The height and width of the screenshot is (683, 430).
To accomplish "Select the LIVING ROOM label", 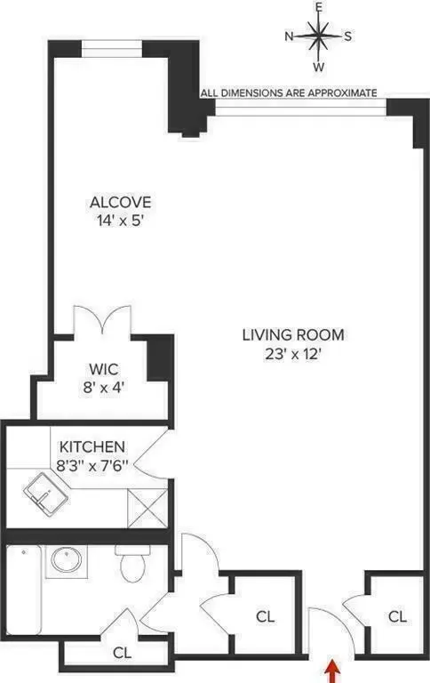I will [x=292, y=335].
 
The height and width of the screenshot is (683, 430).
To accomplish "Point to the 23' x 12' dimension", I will [x=292, y=353].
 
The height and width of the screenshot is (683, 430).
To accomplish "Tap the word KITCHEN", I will [x=92, y=446].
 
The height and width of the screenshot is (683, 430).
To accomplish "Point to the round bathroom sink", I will [x=65, y=560].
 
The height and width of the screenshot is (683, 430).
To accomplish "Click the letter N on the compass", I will [x=290, y=36].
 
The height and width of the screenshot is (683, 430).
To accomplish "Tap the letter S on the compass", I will [x=347, y=36].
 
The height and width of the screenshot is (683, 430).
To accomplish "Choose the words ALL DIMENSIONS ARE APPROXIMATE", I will [x=290, y=92].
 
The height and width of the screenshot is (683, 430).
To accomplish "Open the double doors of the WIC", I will [x=102, y=321].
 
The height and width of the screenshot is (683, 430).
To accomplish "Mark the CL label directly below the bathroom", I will [x=122, y=652].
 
